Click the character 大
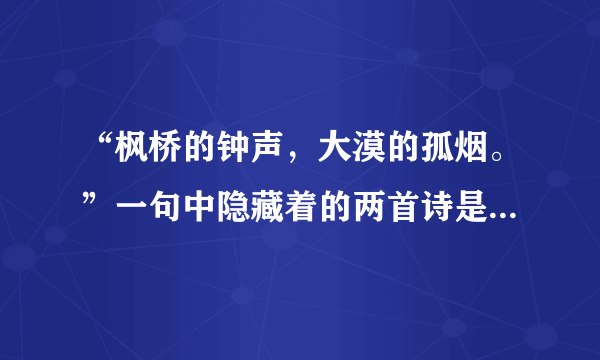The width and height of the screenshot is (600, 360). [337, 152]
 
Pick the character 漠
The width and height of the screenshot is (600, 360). [372, 152]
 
